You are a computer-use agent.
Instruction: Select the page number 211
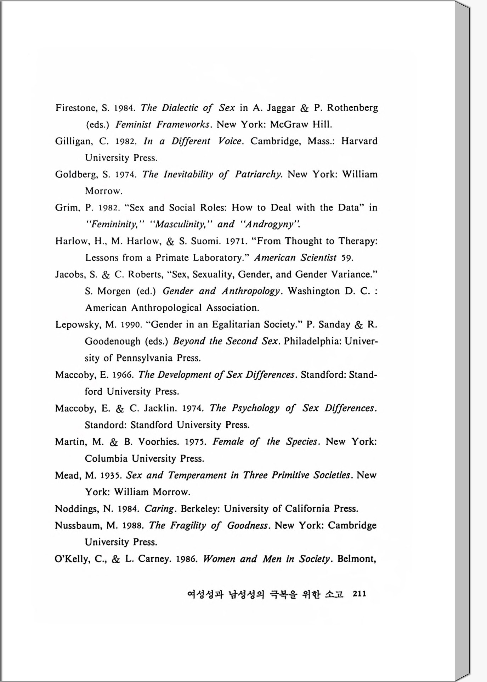click(x=359, y=594)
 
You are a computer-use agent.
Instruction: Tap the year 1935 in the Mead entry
click(x=112, y=475)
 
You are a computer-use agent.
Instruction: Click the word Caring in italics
click(x=159, y=509)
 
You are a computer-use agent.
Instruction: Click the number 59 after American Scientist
click(x=347, y=258)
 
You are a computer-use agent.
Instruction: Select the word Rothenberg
click(x=352, y=108)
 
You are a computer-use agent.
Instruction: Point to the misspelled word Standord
click(x=105, y=425)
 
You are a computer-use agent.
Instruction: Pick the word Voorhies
click(x=158, y=442)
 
